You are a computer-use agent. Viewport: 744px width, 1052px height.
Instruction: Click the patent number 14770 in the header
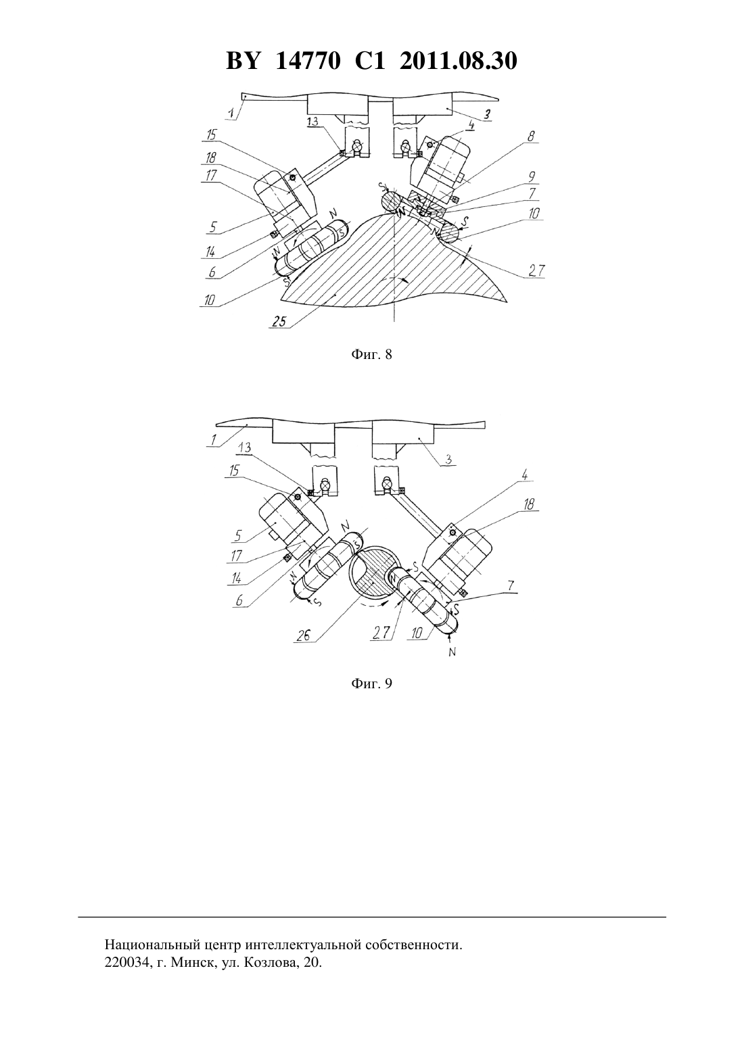click(x=307, y=61)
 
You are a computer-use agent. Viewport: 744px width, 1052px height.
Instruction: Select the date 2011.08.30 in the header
click(x=459, y=61)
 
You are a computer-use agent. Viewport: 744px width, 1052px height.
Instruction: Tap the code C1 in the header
click(x=370, y=61)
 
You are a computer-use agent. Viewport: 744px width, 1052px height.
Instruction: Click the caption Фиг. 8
click(x=371, y=354)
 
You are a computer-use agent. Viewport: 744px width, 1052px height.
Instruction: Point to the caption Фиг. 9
click(x=371, y=684)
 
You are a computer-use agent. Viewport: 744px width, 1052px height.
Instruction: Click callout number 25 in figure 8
click(x=279, y=322)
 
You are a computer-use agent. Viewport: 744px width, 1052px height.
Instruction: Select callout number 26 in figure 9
click(x=304, y=636)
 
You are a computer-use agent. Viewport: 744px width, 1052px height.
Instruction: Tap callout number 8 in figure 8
click(x=531, y=137)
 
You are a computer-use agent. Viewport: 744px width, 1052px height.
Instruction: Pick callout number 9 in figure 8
click(x=532, y=176)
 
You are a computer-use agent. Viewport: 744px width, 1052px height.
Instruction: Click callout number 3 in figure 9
click(x=449, y=459)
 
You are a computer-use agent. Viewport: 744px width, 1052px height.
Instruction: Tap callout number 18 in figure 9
click(x=528, y=504)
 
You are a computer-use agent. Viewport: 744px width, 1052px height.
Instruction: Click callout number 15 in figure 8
click(x=211, y=135)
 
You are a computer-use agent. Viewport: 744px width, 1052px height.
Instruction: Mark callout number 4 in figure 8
click(x=471, y=125)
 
